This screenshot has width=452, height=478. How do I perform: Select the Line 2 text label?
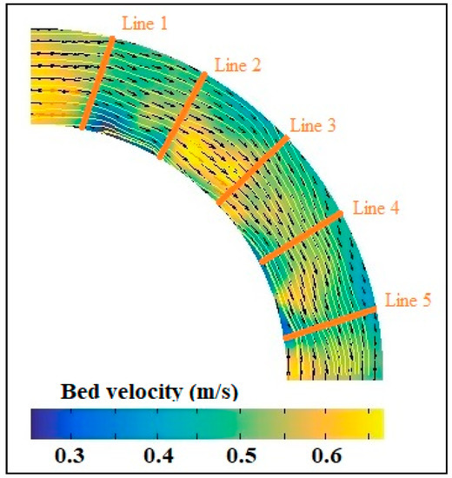(237, 65)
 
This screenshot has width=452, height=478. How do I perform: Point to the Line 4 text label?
(376, 209)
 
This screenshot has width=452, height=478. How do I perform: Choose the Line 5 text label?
(408, 299)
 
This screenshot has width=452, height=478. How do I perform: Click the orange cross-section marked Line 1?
(97, 83)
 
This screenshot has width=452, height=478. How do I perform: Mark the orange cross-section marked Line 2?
(183, 116)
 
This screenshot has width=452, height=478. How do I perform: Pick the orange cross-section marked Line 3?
(252, 170)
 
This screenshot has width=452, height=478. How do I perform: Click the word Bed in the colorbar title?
(77, 393)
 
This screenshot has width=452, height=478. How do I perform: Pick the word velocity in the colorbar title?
(140, 393)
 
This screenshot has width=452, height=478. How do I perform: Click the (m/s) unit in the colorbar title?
(211, 393)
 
